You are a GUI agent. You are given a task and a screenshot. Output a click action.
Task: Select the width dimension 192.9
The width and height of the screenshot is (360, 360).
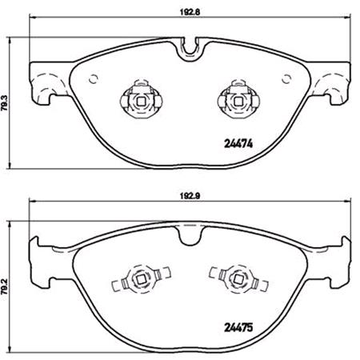190,193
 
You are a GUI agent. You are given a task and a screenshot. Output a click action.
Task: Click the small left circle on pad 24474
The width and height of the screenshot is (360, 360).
94,79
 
